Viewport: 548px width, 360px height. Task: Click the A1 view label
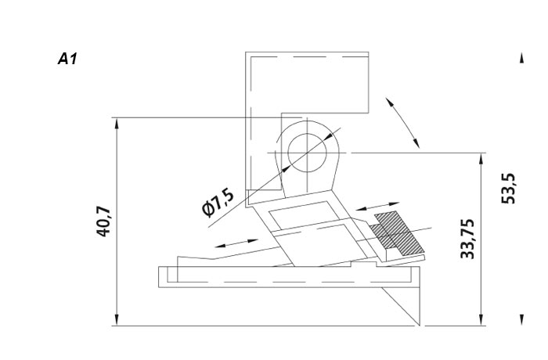click(67, 59)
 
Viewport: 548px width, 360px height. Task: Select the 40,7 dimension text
click(104, 222)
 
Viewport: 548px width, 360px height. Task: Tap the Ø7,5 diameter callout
click(218, 203)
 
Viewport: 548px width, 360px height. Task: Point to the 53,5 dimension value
click(508, 189)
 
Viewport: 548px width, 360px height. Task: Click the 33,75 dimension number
click(467, 239)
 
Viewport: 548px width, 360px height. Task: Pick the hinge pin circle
click(307, 153)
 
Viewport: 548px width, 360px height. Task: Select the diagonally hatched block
click(398, 233)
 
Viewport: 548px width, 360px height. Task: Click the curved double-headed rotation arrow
click(402, 122)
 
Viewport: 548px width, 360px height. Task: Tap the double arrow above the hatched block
click(377, 206)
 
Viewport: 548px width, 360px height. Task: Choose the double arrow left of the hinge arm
click(236, 243)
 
